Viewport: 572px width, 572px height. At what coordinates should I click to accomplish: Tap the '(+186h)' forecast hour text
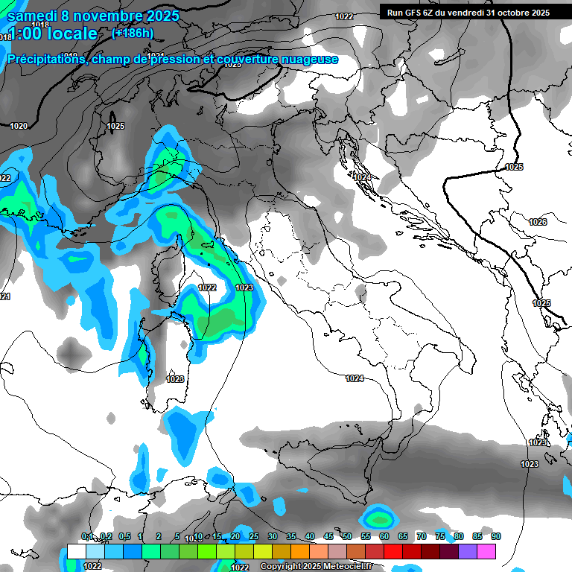[132, 33]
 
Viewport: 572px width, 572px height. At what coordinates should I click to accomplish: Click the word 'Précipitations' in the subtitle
[45, 60]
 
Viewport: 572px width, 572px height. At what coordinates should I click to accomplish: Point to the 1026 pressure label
[538, 222]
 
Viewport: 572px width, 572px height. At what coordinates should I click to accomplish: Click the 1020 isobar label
[19, 126]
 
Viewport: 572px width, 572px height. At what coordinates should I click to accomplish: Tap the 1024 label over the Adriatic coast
[363, 177]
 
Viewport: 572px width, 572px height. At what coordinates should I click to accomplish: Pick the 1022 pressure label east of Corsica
[208, 287]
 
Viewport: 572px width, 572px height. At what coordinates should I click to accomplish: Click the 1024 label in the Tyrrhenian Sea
[355, 378]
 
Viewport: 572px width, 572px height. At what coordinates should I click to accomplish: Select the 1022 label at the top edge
[344, 16]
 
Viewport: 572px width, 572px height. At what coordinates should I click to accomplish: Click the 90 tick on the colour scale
[496, 537]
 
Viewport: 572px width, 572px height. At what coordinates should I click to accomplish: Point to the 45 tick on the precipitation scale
[329, 537]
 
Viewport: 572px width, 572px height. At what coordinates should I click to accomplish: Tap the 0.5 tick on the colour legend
[124, 537]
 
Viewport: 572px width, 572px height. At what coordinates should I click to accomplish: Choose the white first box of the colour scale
[76, 551]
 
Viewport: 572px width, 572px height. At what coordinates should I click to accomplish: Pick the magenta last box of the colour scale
[486, 551]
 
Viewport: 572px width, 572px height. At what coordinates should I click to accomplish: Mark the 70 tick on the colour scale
[422, 537]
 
